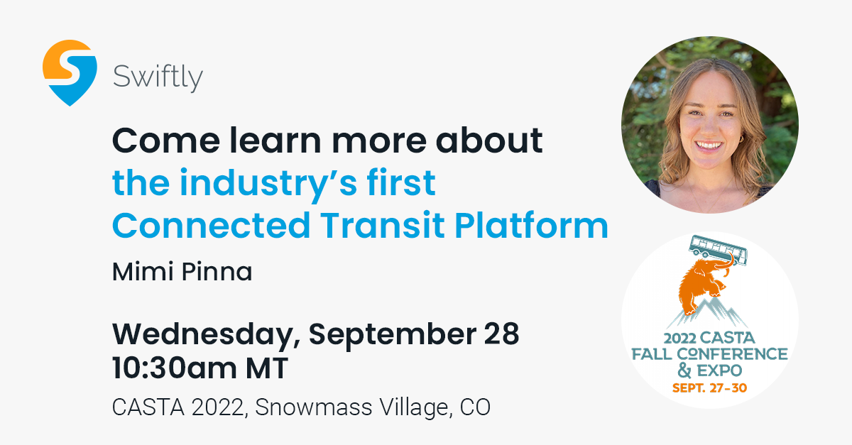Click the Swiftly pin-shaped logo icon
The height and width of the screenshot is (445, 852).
(x=70, y=72)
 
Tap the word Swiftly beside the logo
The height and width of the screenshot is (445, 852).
(x=158, y=77)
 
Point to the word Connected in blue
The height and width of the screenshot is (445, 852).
(x=211, y=225)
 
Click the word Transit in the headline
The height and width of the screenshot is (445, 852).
(x=383, y=225)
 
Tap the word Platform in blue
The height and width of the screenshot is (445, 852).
(x=531, y=225)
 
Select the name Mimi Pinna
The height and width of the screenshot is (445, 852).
(x=182, y=272)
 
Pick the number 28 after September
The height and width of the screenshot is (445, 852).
(x=502, y=334)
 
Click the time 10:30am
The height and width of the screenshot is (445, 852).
(x=174, y=368)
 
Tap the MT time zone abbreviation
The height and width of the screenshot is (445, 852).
(x=267, y=368)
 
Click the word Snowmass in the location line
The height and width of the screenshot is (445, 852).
(x=313, y=407)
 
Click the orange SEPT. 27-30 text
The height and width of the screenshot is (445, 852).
(x=710, y=388)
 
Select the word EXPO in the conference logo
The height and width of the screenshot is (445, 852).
(x=720, y=370)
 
